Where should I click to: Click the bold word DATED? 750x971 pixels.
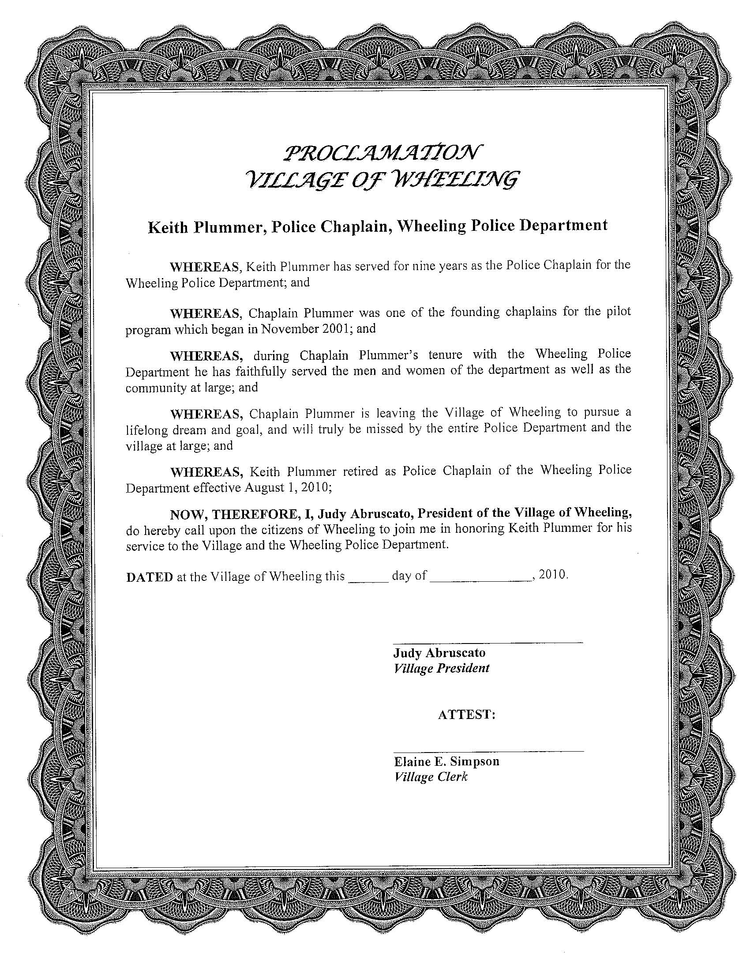click(x=149, y=577)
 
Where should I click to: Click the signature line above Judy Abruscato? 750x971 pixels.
click(x=487, y=643)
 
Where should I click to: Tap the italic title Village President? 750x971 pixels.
click(x=442, y=668)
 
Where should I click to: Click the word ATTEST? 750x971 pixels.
click(x=466, y=715)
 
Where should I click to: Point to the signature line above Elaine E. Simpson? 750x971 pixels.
click(x=488, y=751)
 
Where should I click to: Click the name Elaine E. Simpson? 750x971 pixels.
click(x=446, y=762)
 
